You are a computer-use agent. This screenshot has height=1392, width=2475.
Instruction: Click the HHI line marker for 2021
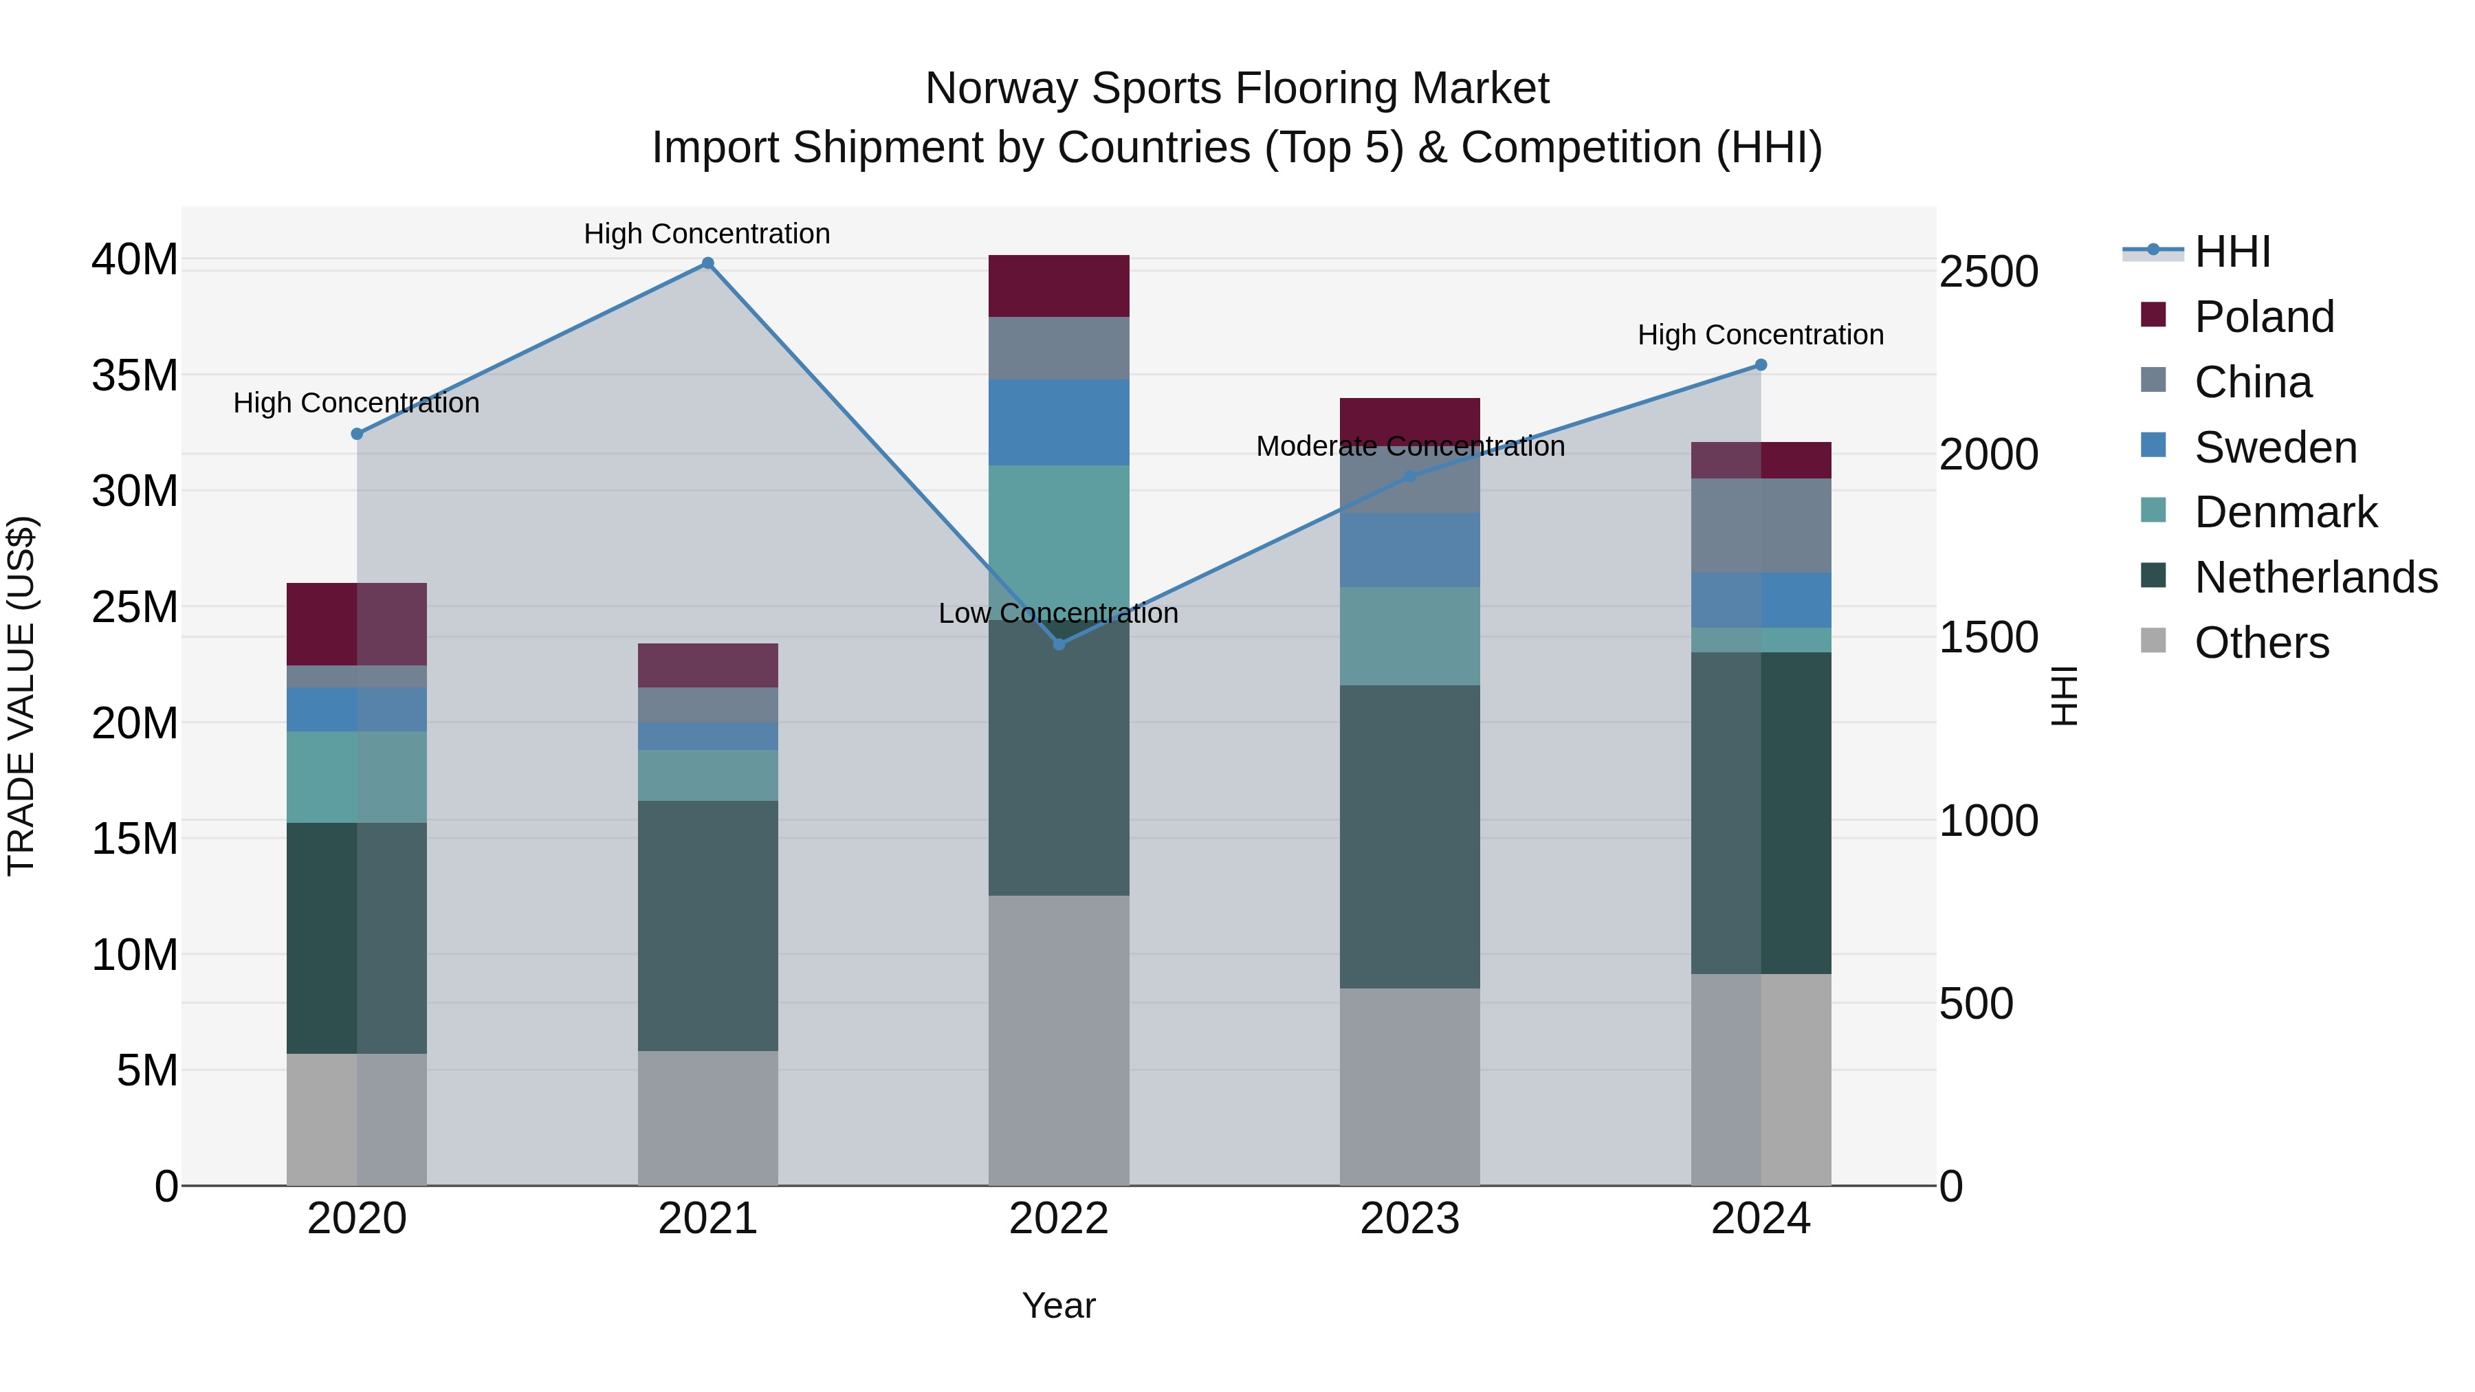point(707,263)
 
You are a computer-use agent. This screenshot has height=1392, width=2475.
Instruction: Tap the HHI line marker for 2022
point(1059,643)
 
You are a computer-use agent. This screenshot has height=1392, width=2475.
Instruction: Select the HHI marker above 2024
point(1760,365)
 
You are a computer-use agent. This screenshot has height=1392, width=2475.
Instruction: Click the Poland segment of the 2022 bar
point(1059,285)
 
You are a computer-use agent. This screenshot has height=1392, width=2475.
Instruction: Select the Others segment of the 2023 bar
point(1409,1085)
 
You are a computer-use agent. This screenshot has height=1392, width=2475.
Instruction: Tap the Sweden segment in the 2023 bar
point(1409,549)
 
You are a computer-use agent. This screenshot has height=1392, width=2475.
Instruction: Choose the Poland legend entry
point(2264,317)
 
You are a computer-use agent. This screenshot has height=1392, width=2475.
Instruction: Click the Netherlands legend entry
point(2315,577)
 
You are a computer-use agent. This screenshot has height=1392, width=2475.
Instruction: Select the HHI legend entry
point(2232,252)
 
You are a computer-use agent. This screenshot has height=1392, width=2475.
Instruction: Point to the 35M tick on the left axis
point(135,375)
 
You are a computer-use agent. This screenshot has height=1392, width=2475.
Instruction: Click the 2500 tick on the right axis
point(1988,272)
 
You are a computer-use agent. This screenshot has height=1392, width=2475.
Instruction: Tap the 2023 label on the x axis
point(1409,1219)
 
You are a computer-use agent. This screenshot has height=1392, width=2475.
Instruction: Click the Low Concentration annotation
point(1058,613)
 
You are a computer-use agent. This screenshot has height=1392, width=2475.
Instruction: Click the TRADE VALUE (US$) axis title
point(21,696)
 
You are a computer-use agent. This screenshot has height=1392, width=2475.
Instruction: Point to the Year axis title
point(1058,1305)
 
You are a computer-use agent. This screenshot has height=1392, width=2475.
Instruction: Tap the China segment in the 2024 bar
point(1760,525)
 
